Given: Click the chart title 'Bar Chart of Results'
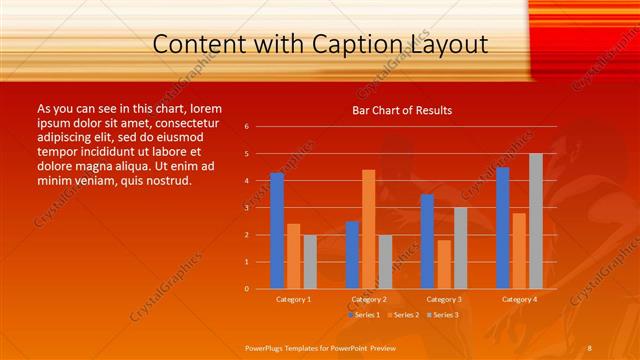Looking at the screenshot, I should pos(401,110).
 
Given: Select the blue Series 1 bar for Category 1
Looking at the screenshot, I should pos(277,231).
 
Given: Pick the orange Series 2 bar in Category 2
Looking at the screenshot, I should pos(368,229).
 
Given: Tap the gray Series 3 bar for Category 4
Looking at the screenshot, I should pos(536,221).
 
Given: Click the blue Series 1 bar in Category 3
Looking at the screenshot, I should pos(427,241).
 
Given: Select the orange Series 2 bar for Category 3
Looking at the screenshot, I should pos(444,264).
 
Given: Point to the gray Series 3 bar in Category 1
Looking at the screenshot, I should pos(310,261).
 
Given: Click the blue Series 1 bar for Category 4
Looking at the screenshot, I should pos(502,228).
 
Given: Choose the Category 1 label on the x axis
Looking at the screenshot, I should pos(293,299).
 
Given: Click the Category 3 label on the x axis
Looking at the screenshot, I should pos(443,299).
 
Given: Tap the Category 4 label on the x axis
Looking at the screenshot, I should pos(518,299).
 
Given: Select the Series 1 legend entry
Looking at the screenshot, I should pos(363,314).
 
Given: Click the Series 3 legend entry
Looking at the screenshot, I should pos(441,314).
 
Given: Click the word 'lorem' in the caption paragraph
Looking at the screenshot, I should pos(204,108).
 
